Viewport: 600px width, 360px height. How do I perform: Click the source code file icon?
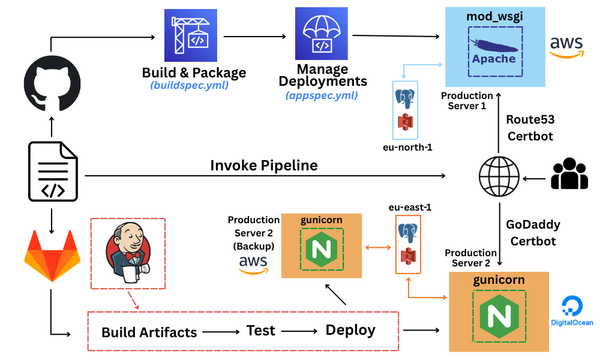(x=53, y=171)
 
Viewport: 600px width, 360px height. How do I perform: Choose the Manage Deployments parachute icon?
(x=322, y=34)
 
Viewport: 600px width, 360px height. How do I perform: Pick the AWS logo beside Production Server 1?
(x=567, y=47)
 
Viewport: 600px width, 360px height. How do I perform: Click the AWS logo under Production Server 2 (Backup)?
(x=253, y=264)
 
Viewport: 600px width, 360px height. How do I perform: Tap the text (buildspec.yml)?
(x=190, y=86)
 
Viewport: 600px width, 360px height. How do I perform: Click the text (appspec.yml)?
(x=322, y=95)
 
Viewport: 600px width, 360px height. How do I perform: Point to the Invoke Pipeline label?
(x=263, y=165)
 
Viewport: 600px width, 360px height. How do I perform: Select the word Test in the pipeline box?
(x=260, y=330)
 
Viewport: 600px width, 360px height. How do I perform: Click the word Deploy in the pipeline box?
(x=350, y=330)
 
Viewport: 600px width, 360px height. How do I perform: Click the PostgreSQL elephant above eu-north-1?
(x=405, y=98)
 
